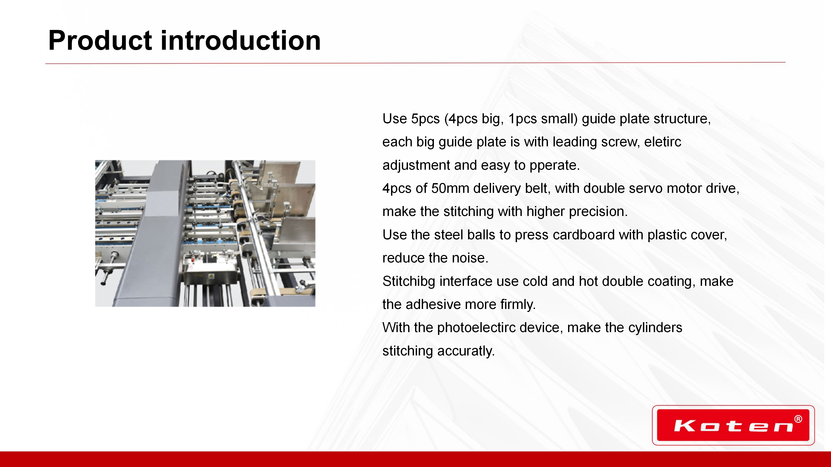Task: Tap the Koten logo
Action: (x=733, y=425)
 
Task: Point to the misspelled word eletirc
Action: (x=663, y=142)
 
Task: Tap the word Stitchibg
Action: (x=409, y=281)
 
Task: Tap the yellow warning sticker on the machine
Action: (x=211, y=276)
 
